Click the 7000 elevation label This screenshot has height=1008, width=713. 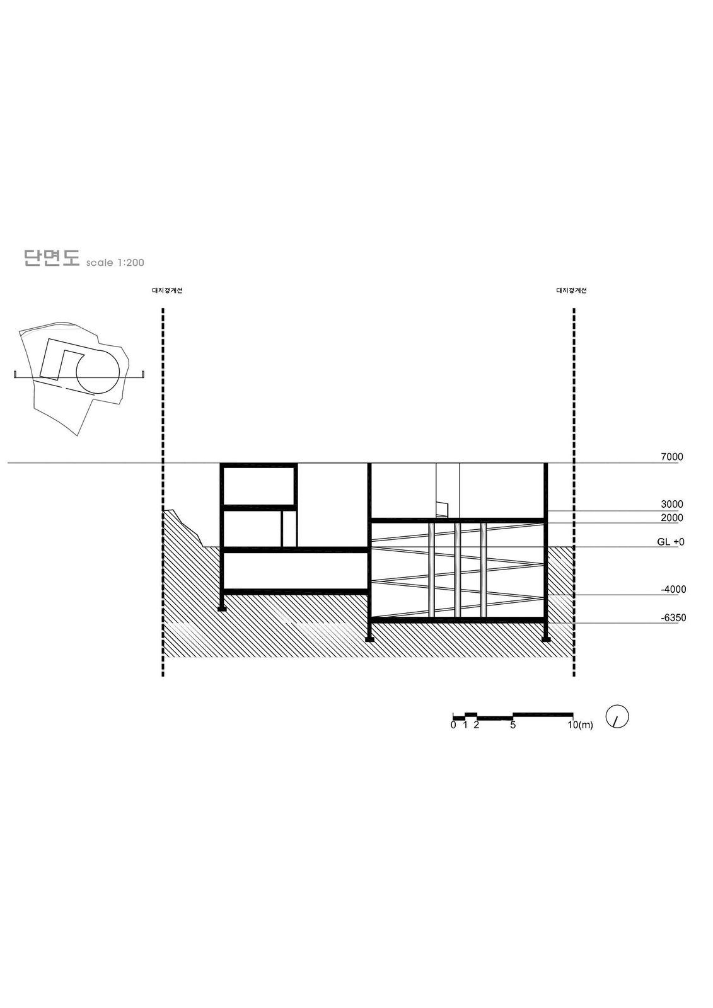click(671, 457)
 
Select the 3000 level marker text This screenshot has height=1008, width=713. click(671, 504)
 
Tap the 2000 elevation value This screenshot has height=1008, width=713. click(671, 517)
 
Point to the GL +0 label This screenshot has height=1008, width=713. click(671, 542)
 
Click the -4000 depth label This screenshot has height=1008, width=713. click(673, 589)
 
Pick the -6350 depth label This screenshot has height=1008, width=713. click(673, 617)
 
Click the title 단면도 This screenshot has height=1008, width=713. click(51, 258)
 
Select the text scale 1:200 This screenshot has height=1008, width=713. click(115, 262)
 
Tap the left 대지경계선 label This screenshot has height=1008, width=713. click(167, 290)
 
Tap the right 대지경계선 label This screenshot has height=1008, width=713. click(572, 290)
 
